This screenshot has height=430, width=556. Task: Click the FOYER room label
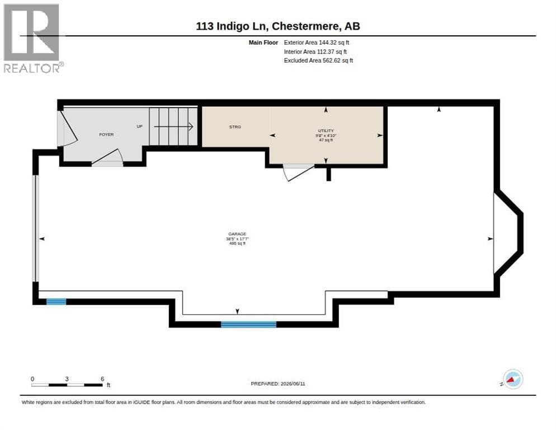click(x=106, y=134)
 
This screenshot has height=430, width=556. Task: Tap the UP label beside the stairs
click(x=140, y=127)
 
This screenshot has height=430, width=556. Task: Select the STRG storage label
click(x=235, y=127)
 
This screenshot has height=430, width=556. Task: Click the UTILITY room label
click(x=326, y=130)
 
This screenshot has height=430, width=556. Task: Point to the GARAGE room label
click(x=237, y=234)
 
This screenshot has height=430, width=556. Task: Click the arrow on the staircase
click(x=173, y=127)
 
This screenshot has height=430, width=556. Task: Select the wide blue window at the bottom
click(x=248, y=324)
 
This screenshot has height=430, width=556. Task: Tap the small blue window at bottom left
click(x=56, y=302)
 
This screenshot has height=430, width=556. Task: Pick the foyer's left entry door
click(x=67, y=128)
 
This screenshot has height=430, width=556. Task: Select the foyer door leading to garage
click(x=107, y=158)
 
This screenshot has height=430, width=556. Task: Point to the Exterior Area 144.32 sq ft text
click(x=316, y=43)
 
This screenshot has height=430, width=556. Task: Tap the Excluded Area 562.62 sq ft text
click(x=318, y=60)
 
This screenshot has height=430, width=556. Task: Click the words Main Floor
click(x=263, y=43)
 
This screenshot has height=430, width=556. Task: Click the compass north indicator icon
click(x=512, y=379)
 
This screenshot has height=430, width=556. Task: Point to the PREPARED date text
click(x=278, y=384)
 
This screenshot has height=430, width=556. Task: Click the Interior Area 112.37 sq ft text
click(x=315, y=52)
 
